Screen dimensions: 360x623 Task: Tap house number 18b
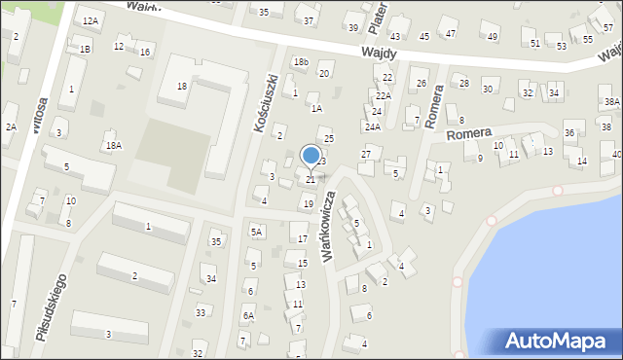301,62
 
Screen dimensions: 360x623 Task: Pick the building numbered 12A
91,20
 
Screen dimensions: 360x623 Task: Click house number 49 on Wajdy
493,37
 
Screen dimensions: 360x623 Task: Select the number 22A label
383,94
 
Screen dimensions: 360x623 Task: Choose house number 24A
373,126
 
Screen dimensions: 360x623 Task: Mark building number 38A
611,101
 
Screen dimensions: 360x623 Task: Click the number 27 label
366,154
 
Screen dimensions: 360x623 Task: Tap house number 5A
257,232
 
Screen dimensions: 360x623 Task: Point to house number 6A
248,315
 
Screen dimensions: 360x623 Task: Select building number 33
201,312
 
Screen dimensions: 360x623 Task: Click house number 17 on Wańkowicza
303,238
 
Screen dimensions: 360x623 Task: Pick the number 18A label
114,145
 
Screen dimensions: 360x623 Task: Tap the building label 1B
86,49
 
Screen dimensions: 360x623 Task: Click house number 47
451,34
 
